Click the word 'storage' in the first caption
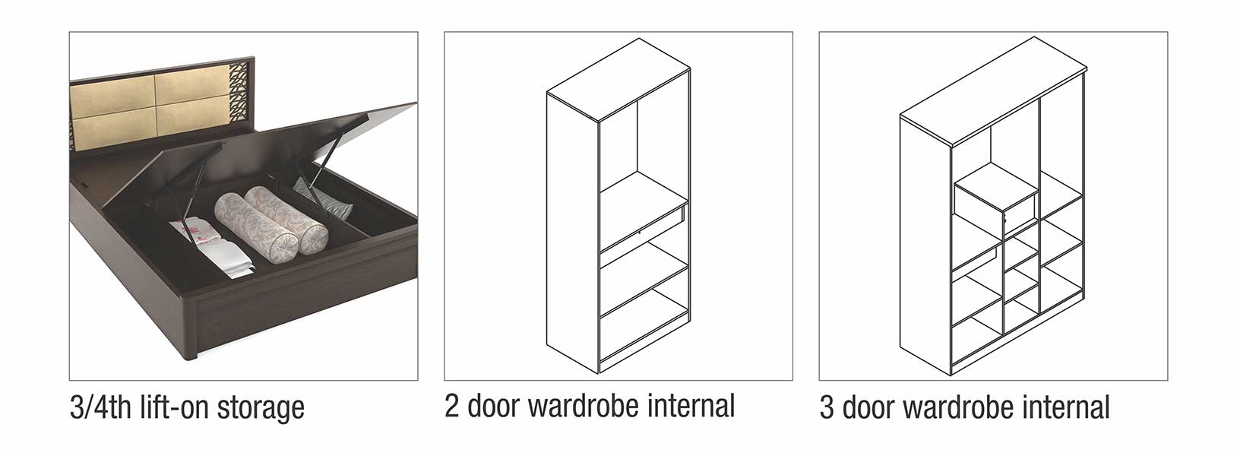[261, 409]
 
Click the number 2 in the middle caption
[452, 406]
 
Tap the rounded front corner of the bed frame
[190, 331]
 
